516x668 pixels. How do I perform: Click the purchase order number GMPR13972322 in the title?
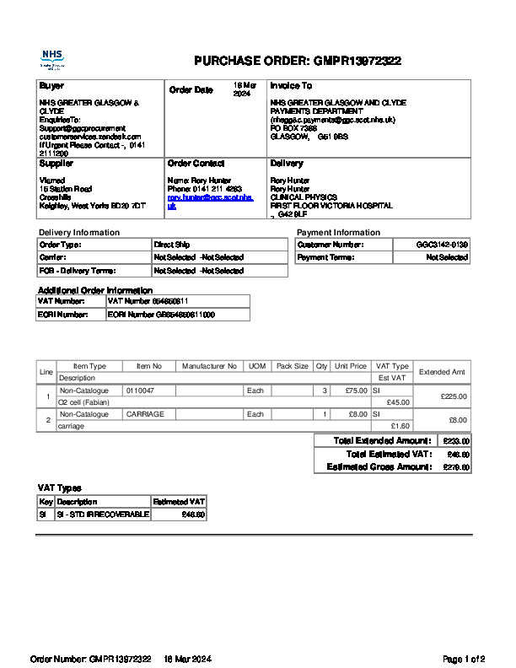tap(357, 61)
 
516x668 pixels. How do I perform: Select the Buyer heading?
tap(51, 86)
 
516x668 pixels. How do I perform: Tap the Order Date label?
tap(191, 89)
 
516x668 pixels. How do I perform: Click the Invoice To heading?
tap(291, 86)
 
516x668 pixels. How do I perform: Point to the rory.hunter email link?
tap(209, 202)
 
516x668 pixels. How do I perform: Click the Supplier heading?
tap(56, 163)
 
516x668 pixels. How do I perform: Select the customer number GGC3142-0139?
tap(442, 245)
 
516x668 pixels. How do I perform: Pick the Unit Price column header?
tap(350, 366)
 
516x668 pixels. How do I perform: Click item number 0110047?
tap(140, 391)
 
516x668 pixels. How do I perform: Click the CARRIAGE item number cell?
tap(145, 414)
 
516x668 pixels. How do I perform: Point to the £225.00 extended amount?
tap(453, 396)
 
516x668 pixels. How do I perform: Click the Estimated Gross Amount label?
tap(379, 466)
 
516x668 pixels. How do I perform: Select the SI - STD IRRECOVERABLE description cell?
tap(102, 514)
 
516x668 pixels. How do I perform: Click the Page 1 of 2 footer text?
tap(464, 659)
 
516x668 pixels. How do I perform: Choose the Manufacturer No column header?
tap(209, 366)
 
